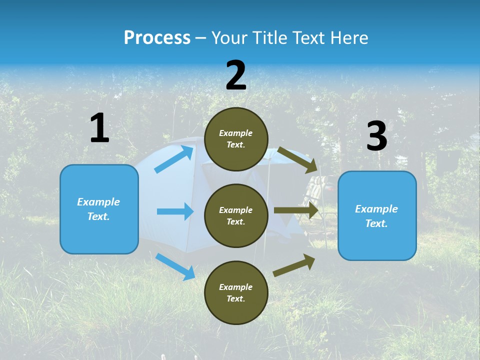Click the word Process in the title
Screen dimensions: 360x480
click(157, 38)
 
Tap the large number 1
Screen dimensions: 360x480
click(99, 128)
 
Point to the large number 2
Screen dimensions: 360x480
click(236, 75)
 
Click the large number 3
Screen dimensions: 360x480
click(376, 136)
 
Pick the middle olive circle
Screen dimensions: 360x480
click(236, 215)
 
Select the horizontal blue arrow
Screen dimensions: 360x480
click(175, 211)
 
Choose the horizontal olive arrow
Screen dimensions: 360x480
click(296, 210)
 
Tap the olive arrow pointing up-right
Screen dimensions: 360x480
click(294, 265)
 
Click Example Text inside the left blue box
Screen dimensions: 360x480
click(98, 209)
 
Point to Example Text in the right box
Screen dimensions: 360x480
click(376, 216)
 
